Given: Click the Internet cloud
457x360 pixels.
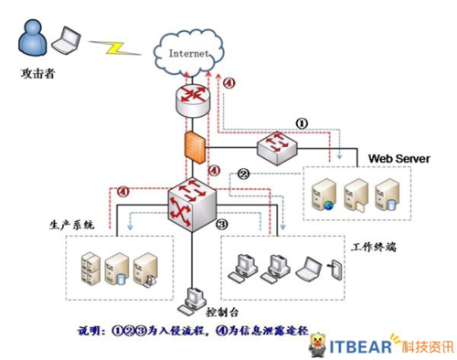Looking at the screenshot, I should [189, 50].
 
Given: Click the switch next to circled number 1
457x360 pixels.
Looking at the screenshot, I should [275, 145].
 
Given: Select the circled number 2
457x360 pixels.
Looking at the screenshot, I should [243, 172].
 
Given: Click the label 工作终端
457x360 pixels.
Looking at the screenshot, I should [377, 245].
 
